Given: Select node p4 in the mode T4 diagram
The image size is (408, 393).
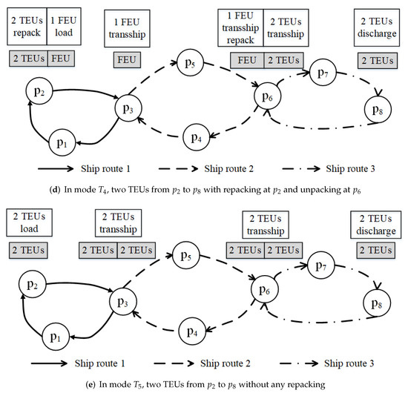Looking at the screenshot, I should pos(194,136).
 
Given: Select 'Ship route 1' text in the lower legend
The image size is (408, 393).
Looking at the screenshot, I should pos(99,366).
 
